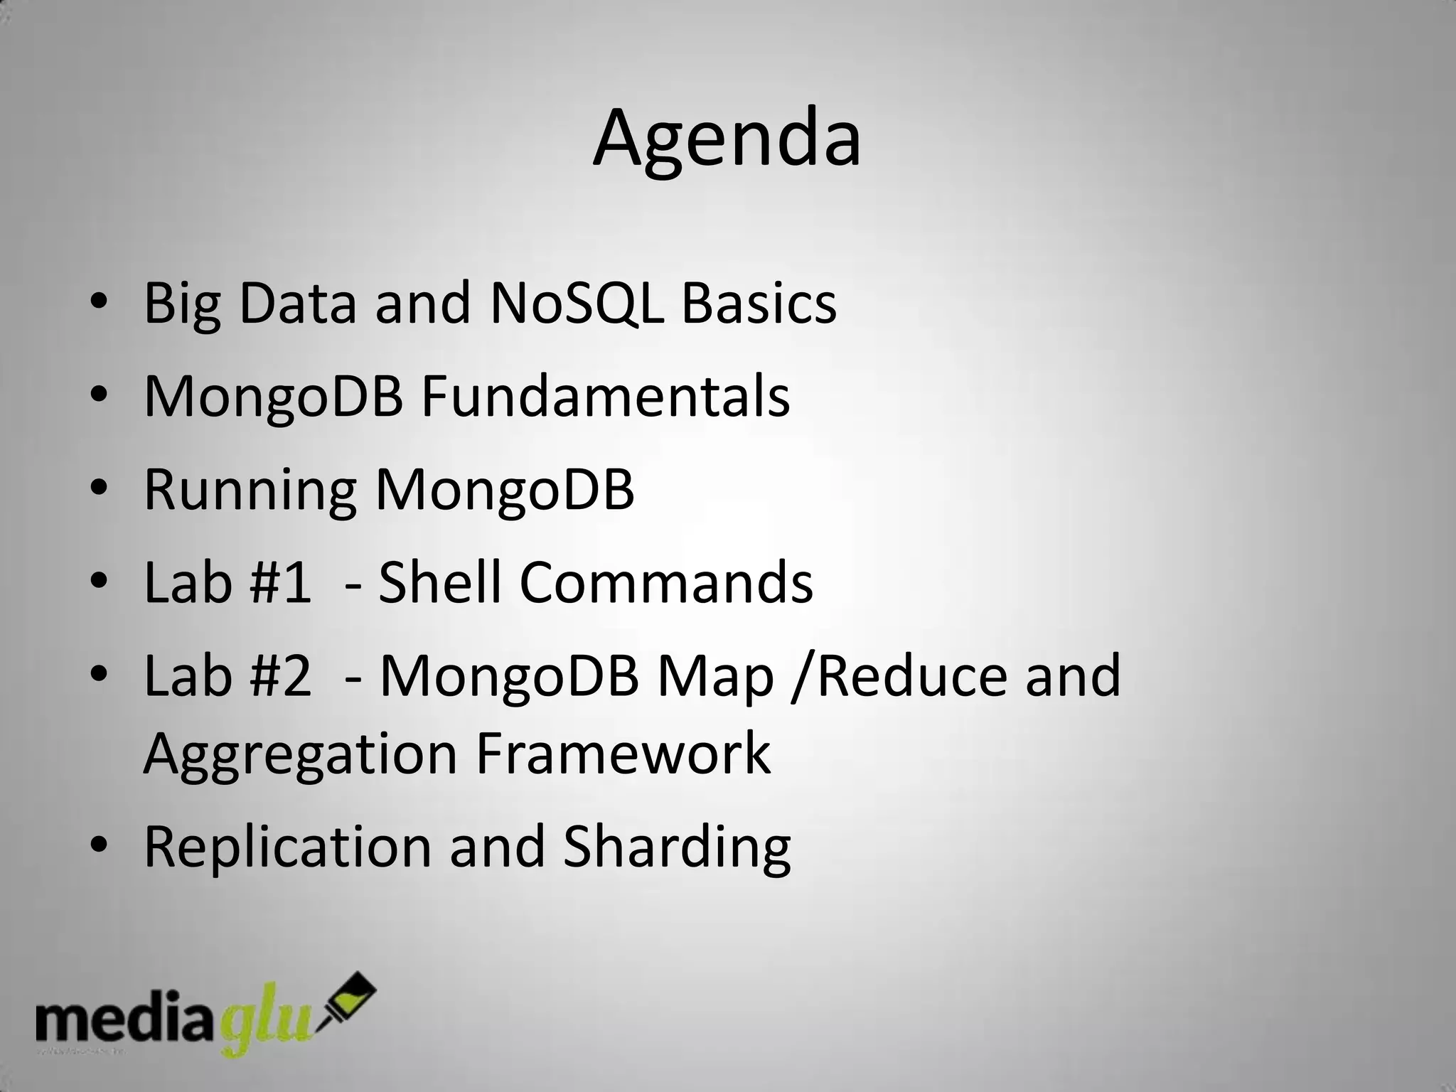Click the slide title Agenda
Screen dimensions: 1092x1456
tap(727, 139)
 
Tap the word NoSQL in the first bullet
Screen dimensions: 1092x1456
tap(577, 304)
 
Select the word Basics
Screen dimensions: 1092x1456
tap(759, 304)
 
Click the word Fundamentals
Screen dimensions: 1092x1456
tap(605, 397)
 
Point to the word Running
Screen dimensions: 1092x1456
tap(250, 491)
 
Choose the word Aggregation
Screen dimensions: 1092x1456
tap(299, 755)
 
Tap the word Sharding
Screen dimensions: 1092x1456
tap(677, 847)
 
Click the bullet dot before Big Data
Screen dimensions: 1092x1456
tap(99, 304)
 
